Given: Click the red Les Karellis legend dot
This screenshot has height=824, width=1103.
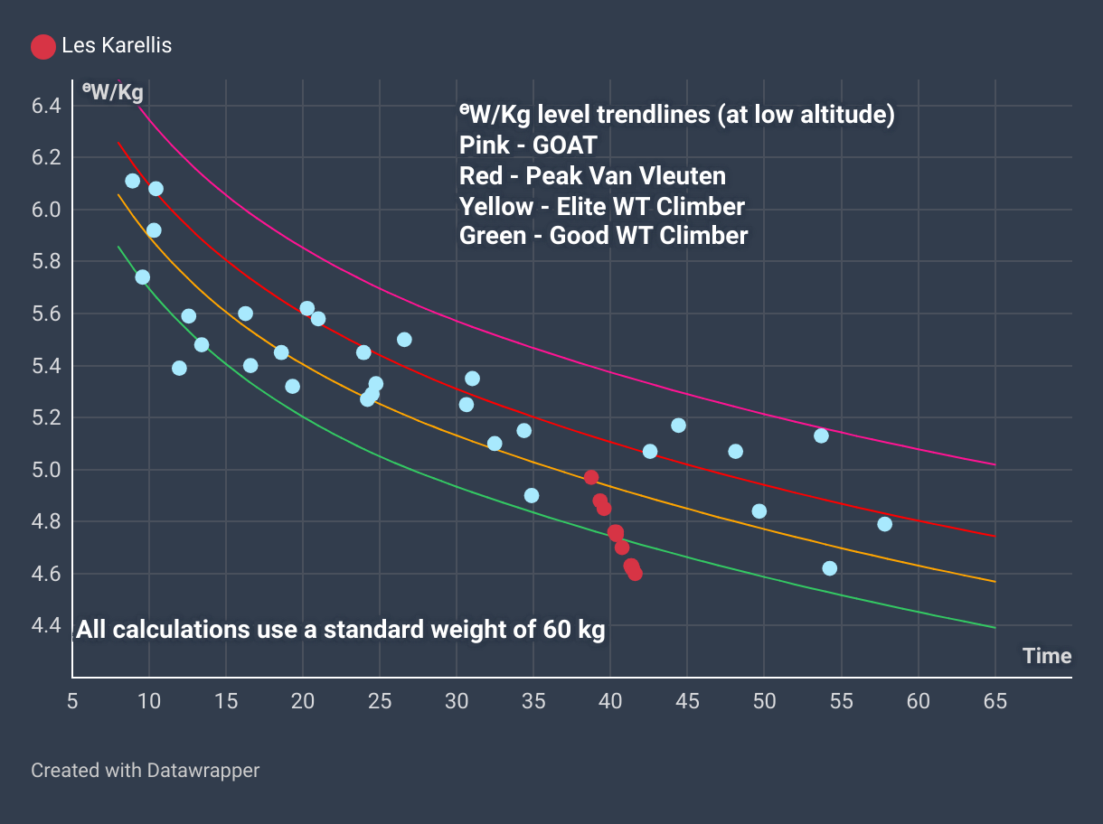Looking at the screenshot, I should click(43, 46).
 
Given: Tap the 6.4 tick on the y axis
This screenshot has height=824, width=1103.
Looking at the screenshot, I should click(45, 106).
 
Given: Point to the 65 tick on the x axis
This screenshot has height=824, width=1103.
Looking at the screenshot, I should click(995, 700).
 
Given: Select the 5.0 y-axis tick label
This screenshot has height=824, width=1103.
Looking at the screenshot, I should click(45, 470).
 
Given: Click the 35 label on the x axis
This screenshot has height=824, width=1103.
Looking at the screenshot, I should click(533, 700).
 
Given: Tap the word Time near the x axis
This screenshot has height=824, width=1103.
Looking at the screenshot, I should click(1047, 656).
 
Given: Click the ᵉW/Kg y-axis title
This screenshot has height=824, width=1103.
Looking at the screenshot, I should click(112, 91).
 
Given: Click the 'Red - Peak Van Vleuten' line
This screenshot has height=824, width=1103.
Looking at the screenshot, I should click(592, 175).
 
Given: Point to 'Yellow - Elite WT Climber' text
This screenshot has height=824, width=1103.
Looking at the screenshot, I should click(601, 206).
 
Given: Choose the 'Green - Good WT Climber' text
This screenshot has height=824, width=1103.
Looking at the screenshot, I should click(603, 236).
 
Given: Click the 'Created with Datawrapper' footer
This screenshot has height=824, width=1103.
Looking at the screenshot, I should click(145, 771).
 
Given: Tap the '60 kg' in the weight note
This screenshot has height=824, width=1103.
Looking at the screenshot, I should click(573, 630).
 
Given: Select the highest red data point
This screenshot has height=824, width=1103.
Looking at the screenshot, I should click(591, 477).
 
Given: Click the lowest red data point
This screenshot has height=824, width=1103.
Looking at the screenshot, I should click(635, 573).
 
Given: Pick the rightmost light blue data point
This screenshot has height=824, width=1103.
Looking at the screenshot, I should click(884, 524).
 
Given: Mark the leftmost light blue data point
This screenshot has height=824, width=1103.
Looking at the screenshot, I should click(132, 181).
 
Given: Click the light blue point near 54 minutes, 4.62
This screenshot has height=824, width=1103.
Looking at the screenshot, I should click(829, 568).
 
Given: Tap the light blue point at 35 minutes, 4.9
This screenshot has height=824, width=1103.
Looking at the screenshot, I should click(532, 495).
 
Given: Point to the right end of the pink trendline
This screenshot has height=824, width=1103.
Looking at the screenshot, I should click(995, 464).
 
